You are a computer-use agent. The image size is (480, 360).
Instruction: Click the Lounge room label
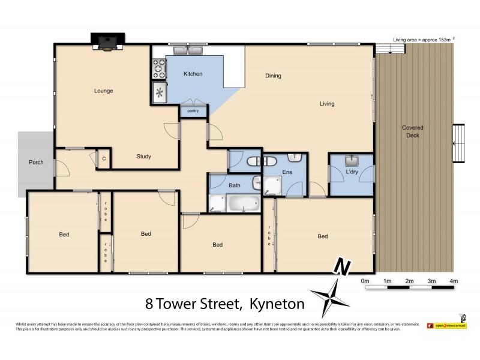pyautogui.click(x=103, y=91)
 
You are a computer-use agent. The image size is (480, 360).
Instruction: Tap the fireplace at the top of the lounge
pyautogui.click(x=107, y=41)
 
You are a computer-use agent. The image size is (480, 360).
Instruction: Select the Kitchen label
pyautogui.click(x=193, y=74)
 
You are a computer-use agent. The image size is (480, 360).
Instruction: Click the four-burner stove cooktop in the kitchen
pyautogui.click(x=158, y=69)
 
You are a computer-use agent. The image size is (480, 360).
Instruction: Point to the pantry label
pyautogui.click(x=193, y=111)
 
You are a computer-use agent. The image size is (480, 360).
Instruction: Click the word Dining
pyautogui.click(x=273, y=76)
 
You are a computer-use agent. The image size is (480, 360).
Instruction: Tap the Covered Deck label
pyautogui.click(x=413, y=131)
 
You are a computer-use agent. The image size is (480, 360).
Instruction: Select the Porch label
pyautogui.click(x=36, y=163)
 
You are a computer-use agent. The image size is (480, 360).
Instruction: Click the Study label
pyautogui.click(x=143, y=157)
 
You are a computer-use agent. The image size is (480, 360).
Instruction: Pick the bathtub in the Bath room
pyautogui.click(x=242, y=203)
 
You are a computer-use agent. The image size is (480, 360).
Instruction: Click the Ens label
pyautogui.click(x=286, y=172)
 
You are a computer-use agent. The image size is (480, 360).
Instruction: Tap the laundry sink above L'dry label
pyautogui.click(x=350, y=161)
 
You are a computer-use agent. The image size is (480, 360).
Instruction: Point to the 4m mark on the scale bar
pyautogui.click(x=454, y=281)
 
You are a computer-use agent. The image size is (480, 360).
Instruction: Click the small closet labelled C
pyautogui.click(x=104, y=159)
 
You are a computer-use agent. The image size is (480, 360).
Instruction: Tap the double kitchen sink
pyautogui.click(x=188, y=50)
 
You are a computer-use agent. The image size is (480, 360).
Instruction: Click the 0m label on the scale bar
pyautogui.click(x=365, y=281)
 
